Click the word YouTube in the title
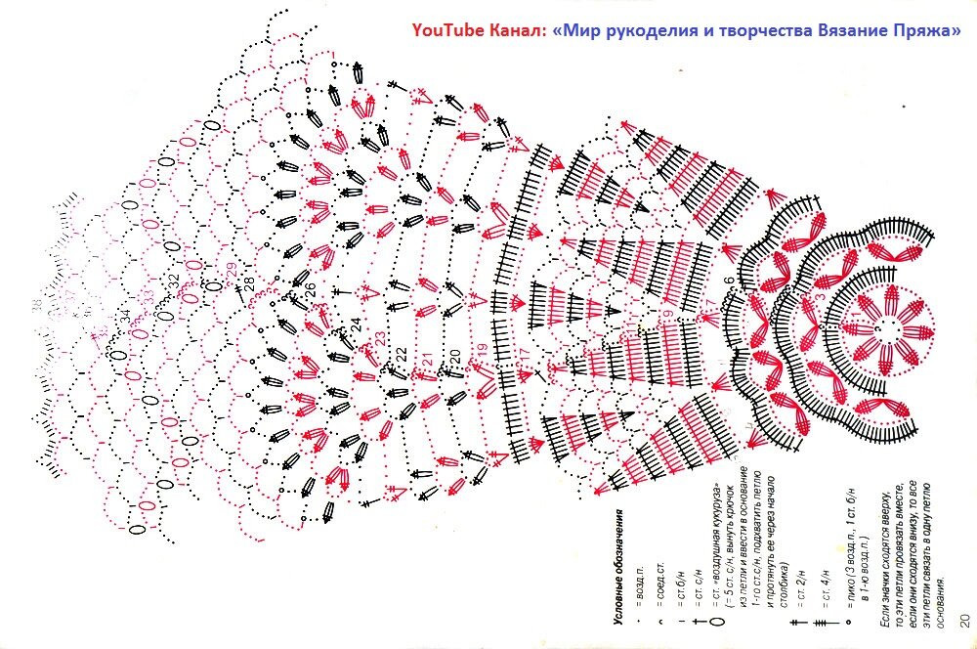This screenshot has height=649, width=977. (x=446, y=29)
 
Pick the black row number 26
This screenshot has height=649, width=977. (x=310, y=289)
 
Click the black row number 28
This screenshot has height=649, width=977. (x=249, y=283)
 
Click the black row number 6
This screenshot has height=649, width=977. (x=728, y=282)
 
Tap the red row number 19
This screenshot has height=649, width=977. (x=481, y=349)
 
